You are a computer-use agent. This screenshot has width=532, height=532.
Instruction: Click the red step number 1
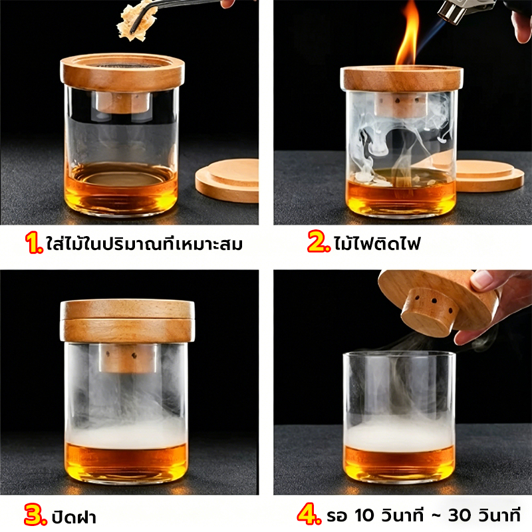[35, 243]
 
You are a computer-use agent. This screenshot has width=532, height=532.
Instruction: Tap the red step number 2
[319, 241]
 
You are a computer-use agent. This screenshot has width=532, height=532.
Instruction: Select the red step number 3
[35, 515]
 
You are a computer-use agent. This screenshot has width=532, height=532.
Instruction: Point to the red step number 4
[309, 514]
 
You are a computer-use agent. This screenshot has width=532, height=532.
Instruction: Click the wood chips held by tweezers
[136, 21]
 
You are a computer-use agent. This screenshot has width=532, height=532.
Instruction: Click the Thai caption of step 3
[74, 516]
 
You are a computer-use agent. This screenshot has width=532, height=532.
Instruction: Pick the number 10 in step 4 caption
[365, 515]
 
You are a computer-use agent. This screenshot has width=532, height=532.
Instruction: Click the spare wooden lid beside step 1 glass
[227, 180]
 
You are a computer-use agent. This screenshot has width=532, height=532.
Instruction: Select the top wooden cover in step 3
[128, 309]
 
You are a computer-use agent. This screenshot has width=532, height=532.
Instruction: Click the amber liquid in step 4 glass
[399, 465]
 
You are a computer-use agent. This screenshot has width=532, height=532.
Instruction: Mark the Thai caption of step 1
[144, 243]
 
